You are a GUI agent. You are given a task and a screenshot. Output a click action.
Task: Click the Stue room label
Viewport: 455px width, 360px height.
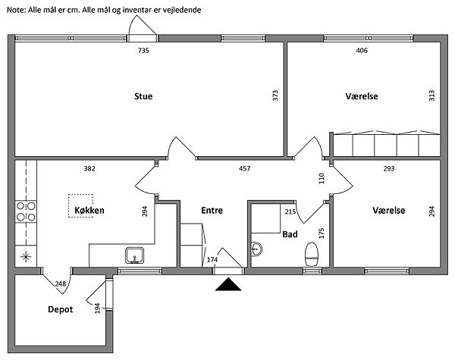tap(143, 96)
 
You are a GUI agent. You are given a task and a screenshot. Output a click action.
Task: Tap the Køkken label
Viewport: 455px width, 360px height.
tap(89, 210)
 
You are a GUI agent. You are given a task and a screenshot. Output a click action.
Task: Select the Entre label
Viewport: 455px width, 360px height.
tap(212, 210)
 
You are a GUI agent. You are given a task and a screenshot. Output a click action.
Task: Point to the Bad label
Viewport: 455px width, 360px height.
tap(290, 235)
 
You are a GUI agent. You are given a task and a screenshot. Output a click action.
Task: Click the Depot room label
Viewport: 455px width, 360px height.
tap(60, 309)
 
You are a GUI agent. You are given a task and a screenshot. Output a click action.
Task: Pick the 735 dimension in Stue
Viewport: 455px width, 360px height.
tap(143, 51)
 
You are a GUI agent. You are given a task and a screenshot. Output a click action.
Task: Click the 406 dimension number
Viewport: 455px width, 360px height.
tap(362, 51)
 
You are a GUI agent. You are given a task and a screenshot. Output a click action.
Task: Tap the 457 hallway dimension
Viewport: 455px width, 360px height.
tap(245, 167)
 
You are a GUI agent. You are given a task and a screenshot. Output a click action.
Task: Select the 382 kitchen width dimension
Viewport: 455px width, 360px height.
tap(89, 167)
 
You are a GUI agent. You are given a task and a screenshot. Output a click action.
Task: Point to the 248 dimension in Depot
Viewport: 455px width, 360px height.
tap(61, 283)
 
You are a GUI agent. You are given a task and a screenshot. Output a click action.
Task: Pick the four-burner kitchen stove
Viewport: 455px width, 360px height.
tap(27, 211)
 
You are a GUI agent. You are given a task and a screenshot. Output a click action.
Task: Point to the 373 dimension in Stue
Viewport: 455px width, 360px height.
tap(275, 96)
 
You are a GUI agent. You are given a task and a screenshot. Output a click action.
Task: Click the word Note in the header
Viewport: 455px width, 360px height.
tap(15, 8)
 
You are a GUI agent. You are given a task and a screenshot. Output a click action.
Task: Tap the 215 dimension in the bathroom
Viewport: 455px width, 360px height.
tap(290, 212)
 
